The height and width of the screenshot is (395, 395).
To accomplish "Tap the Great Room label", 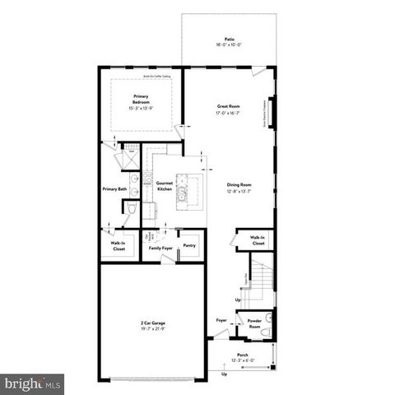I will [x=228, y=106].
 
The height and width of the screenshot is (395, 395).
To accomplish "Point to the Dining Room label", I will [x=239, y=185].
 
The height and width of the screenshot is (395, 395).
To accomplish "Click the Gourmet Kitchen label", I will [x=163, y=186].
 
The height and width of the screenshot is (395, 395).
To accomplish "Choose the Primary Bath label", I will [x=114, y=189].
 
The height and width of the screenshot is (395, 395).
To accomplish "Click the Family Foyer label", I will [x=160, y=246].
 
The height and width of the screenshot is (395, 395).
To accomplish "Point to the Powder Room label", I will [x=254, y=323].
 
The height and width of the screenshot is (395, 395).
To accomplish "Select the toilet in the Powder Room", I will [x=266, y=332].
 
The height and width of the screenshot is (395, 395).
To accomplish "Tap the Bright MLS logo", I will [x=33, y=383].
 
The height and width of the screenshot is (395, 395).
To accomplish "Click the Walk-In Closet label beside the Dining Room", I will [x=258, y=240].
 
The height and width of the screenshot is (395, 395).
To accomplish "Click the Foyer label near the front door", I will [x=221, y=320].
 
